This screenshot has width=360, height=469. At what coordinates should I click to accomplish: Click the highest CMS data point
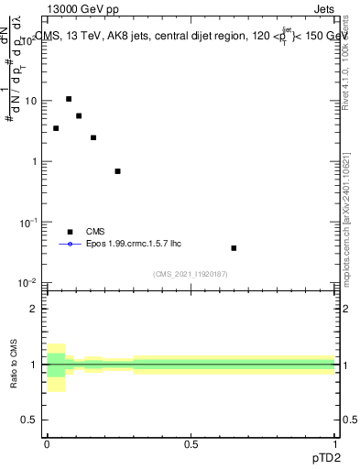(x=69, y=99)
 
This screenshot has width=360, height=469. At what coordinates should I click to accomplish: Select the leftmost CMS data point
(x=56, y=128)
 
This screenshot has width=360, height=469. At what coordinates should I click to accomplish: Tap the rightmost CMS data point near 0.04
(x=234, y=248)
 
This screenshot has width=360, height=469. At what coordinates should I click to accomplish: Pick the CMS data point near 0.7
(x=117, y=171)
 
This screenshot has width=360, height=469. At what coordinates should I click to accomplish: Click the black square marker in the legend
(x=70, y=232)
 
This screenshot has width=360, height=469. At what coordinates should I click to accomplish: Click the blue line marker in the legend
(x=70, y=245)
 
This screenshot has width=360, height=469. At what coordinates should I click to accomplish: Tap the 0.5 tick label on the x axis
(x=191, y=443)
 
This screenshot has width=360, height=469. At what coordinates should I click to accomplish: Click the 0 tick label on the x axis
(x=47, y=443)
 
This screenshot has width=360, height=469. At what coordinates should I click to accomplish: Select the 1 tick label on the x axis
(x=334, y=443)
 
